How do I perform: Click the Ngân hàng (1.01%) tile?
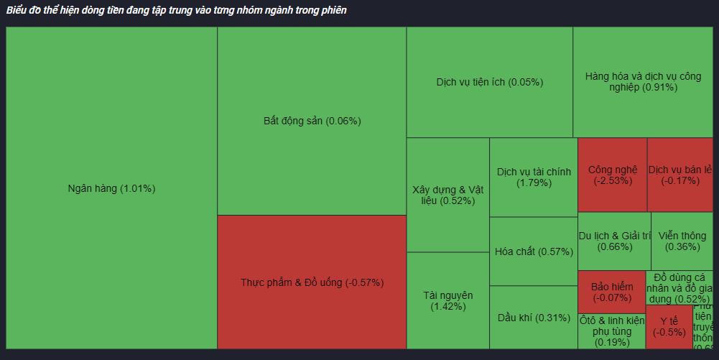pos(111,188)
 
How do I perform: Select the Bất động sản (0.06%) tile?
pos(312,121)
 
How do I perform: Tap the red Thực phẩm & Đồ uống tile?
pos(312,282)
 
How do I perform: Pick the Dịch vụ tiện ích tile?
pos(489,82)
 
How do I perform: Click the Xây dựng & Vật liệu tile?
pos(447,195)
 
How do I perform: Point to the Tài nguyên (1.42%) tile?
pos(447,300)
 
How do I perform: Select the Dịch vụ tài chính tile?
pos(534,177)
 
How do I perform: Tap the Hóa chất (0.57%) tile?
pos(534,251)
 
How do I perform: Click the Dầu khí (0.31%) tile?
pos(534,318)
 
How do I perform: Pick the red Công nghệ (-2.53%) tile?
pos(612,175)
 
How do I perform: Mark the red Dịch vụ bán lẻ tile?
pos(679,175)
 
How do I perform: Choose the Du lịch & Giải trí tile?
pos(614,241)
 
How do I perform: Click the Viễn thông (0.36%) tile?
pos(682,241)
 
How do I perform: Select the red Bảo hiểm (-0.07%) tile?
pos(612,291)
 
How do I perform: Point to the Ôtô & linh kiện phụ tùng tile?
pos(611,331)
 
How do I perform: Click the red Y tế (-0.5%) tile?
pos(669,326)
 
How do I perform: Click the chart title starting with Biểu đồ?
pos(177,11)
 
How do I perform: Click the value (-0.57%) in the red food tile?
pos(364,282)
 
